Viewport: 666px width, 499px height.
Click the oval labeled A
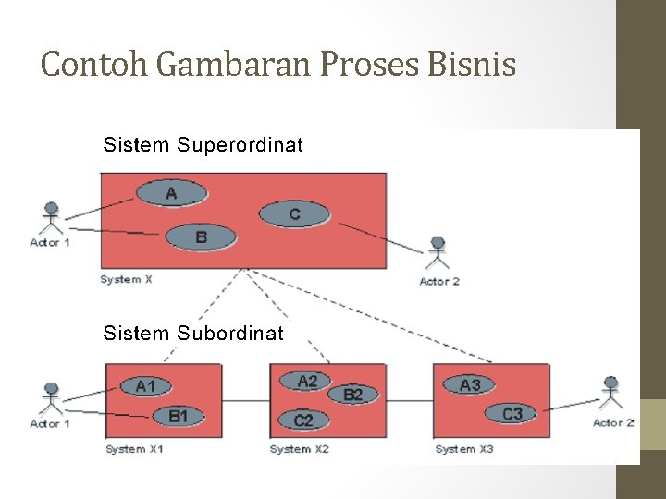point(171,193)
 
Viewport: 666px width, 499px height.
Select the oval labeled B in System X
point(201,237)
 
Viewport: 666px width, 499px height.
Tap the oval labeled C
point(294,214)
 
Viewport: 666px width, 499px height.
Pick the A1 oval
point(145,386)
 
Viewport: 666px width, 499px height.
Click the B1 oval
point(178,417)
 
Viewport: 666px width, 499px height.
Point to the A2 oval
point(308,381)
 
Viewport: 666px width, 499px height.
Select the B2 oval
point(352,395)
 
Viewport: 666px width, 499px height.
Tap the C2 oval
point(303,420)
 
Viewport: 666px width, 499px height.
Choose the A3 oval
point(470,384)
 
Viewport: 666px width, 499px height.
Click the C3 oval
point(512,414)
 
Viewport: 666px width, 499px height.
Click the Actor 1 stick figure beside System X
point(51,218)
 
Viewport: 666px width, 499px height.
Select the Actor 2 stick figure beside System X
point(438,254)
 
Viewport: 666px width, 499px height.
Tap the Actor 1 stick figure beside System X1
point(51,398)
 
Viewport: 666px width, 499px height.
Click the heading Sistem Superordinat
point(203,145)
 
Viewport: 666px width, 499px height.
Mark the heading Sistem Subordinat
point(193,333)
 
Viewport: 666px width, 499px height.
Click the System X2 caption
point(299,449)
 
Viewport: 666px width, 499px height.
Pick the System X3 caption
point(463,449)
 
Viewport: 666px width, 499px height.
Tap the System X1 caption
point(134,449)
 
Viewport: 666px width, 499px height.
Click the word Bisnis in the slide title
point(473,65)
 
